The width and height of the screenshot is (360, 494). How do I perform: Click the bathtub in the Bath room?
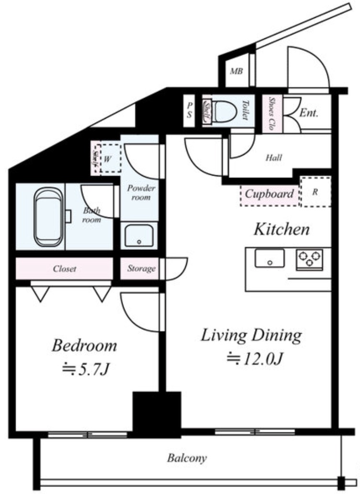click(48, 217)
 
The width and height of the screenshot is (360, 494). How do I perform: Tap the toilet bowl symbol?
click(224, 112)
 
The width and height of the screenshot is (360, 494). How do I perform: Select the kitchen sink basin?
click(270, 258)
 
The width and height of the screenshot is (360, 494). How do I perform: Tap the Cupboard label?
click(269, 193)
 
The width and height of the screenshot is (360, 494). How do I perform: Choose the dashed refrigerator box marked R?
click(315, 192)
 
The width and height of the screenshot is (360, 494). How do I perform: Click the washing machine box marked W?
click(111, 158)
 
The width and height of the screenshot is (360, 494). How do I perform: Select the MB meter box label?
click(236, 71)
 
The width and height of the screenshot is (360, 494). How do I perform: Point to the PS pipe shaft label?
click(189, 110)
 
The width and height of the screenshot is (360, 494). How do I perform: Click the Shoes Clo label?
click(271, 113)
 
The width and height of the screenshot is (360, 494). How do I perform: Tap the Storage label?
click(141, 269)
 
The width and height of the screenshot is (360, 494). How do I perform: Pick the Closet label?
click(65, 269)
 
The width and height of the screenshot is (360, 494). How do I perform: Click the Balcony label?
click(187, 458)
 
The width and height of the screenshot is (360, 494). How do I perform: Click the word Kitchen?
click(281, 229)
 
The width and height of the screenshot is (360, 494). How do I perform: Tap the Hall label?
click(273, 157)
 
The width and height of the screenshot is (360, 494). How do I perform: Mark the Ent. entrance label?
click(308, 113)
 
